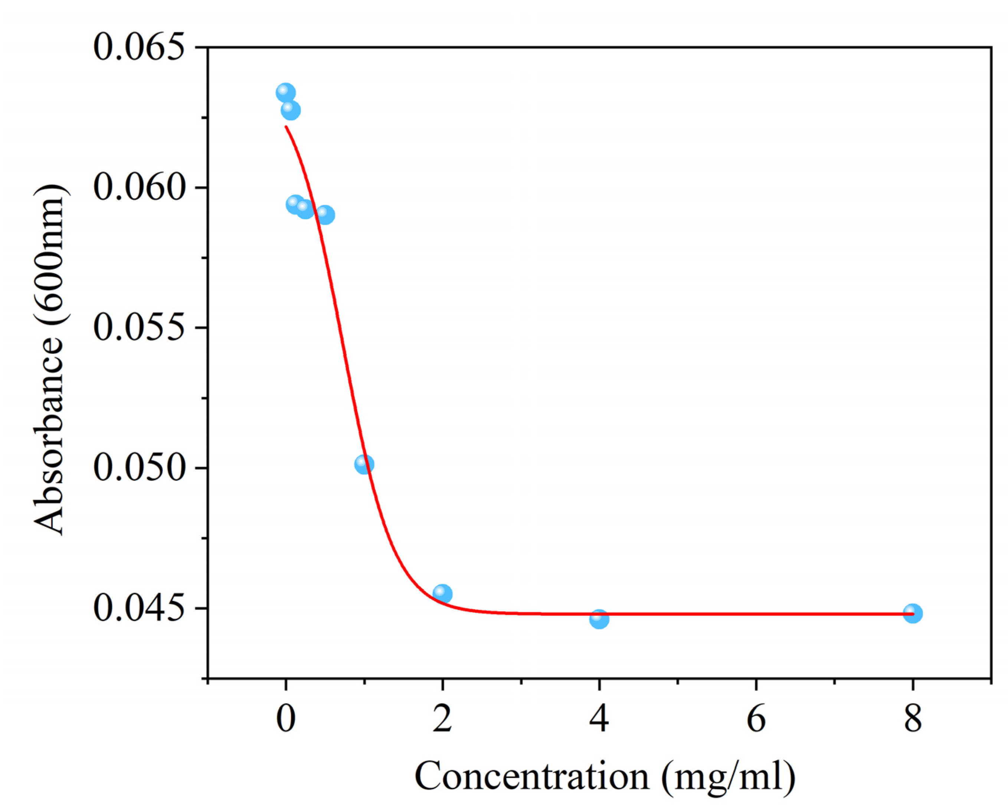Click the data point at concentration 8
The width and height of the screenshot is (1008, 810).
tap(912, 613)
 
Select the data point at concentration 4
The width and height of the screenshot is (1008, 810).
tap(599, 619)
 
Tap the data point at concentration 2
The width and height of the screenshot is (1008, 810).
tap(442, 594)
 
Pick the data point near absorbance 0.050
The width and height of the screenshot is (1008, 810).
tap(364, 464)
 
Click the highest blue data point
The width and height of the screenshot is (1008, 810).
tap(285, 92)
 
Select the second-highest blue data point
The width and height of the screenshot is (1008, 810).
tap(290, 110)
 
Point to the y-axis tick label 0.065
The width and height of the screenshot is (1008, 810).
tap(138, 48)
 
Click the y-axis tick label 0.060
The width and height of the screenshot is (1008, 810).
tap(138, 187)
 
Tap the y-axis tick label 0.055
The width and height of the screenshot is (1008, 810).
tap(138, 327)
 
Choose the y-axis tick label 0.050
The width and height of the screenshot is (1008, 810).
tap(138, 468)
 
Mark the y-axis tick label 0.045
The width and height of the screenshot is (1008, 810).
tap(138, 608)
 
